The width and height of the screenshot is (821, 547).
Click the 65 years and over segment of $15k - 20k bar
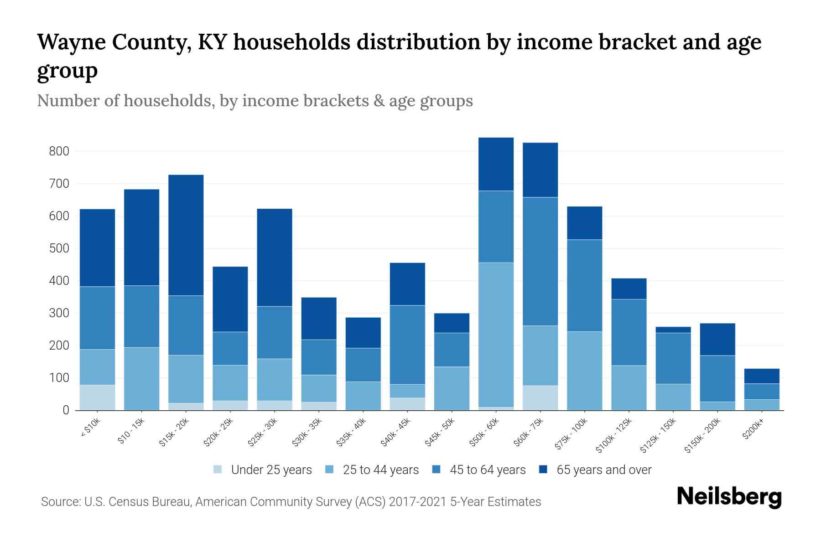coord(186,235)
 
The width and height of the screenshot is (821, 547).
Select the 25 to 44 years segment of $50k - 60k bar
coord(496,335)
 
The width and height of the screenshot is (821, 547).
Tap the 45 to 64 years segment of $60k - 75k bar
coord(540,261)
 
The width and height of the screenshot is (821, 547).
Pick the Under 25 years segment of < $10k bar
coord(97,397)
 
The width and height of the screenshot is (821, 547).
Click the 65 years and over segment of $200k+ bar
coord(761,376)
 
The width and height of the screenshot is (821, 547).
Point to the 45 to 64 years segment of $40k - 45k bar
coord(407,345)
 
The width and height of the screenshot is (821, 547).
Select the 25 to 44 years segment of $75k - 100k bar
coord(584,371)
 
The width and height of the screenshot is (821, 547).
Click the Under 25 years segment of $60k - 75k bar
coord(540,398)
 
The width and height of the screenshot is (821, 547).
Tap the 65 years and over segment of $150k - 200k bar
coord(717,339)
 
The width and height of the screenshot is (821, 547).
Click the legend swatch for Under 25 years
coord(218,470)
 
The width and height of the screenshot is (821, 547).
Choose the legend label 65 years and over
coord(604,470)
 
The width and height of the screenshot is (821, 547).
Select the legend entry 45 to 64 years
coord(488,470)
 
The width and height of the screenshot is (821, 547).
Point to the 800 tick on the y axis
coord(59,151)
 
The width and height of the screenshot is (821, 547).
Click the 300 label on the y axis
coord(59,313)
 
